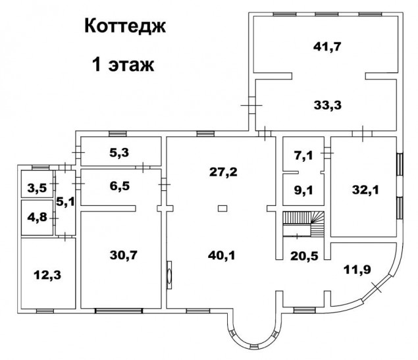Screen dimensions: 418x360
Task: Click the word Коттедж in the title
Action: coord(125,26)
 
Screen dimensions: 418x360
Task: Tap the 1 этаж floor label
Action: coord(123,64)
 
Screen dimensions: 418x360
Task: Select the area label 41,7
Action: coord(327,47)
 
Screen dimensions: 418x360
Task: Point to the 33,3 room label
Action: coord(328,105)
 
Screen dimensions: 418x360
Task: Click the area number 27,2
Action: coord(223,172)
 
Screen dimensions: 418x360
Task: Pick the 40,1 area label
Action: coord(222,256)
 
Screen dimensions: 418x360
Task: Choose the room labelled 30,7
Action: coord(124,255)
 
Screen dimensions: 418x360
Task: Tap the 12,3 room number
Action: coord(47,275)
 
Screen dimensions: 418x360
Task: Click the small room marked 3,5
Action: coord(37,188)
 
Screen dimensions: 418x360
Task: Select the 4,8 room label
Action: coord(37,217)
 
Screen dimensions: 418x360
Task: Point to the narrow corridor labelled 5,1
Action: coord(65,201)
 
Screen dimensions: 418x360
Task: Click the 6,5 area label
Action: coord(120,186)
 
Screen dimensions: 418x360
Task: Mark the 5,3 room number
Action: coord(119,153)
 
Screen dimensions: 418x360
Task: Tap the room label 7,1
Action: coord(303,155)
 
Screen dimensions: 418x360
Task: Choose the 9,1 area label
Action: coord(303,190)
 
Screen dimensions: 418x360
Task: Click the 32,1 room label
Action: coord(365,190)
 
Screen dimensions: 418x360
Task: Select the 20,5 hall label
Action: coord(304,256)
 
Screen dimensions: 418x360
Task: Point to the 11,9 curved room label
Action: coord(357,270)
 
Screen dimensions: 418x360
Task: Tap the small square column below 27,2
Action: coord(222,209)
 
